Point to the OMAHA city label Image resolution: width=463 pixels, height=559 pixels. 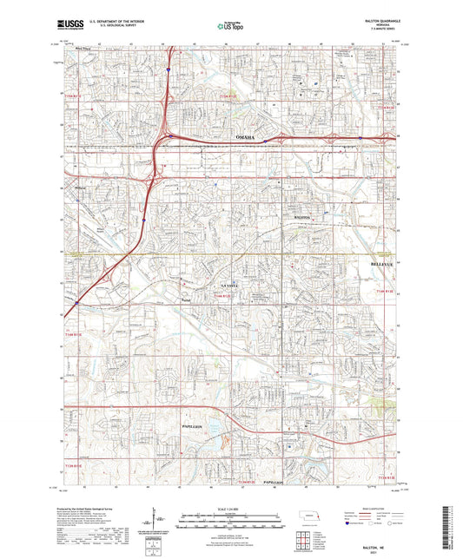tap(245, 137)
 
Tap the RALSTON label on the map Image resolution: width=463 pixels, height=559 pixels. tap(301, 216)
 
